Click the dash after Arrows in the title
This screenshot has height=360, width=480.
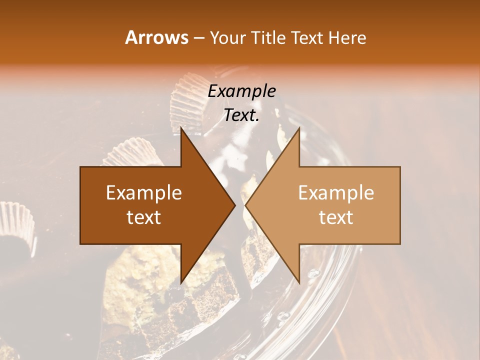(x=198, y=38)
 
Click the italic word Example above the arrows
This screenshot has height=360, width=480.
(x=241, y=91)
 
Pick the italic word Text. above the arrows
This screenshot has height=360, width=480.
(x=241, y=115)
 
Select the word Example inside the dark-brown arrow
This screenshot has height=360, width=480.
(x=143, y=192)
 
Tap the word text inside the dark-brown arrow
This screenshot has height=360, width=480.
(x=143, y=217)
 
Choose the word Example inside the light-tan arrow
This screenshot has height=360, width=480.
(x=336, y=192)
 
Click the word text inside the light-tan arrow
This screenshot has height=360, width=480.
(x=336, y=217)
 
